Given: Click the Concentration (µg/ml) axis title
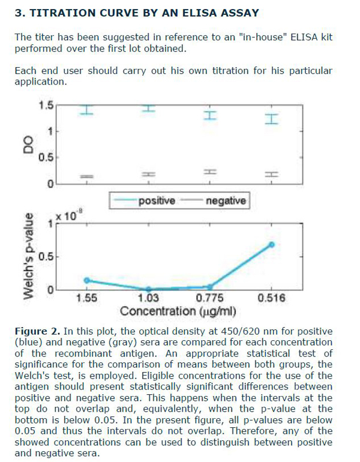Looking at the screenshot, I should (x=178, y=311).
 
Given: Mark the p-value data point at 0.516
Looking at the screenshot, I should (x=272, y=244).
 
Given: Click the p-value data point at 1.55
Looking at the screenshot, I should (x=87, y=280).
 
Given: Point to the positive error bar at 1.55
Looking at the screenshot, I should (x=87, y=110).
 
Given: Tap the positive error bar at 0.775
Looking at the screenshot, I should (x=209, y=115).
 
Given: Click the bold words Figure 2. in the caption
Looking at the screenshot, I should (x=35, y=331).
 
